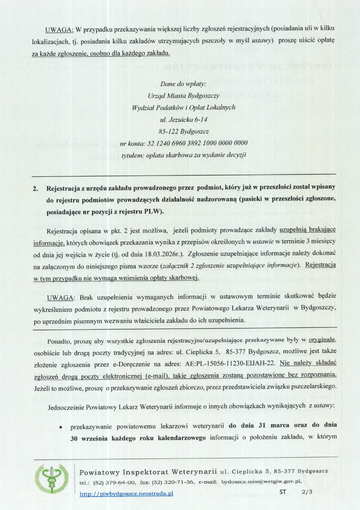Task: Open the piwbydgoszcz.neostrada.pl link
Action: pos(126,493)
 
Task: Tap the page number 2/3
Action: pos(307,492)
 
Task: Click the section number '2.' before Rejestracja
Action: pos(35,189)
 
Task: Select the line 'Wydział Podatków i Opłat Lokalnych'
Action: pos(184,107)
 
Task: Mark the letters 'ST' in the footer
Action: pos(283,492)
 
